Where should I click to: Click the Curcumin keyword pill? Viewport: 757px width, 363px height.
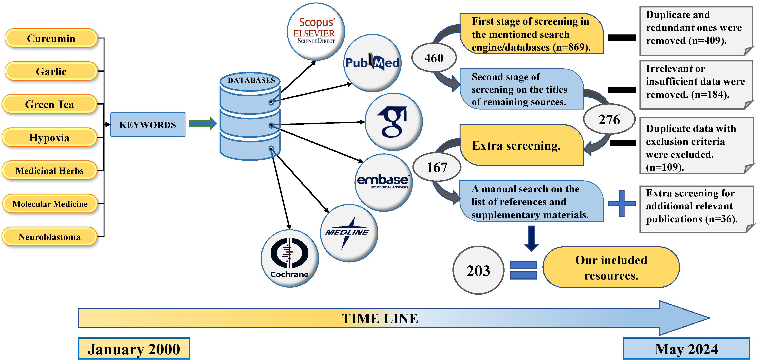pyautogui.click(x=51, y=38)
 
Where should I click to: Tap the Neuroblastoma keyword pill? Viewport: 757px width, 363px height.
pyautogui.click(x=49, y=237)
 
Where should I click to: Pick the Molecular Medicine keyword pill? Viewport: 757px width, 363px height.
pyautogui.click(x=50, y=204)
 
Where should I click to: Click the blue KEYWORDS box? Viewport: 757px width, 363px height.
pyautogui.click(x=148, y=125)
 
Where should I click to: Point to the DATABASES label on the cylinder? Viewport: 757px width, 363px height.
pyautogui.click(x=251, y=80)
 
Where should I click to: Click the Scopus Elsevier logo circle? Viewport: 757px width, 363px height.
pyautogui.click(x=316, y=31)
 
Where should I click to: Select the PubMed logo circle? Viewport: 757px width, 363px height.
pyautogui.click(x=372, y=63)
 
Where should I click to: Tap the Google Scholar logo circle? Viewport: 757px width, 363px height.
pyautogui.click(x=394, y=122)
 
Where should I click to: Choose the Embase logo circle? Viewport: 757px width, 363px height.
pyautogui.click(x=384, y=182)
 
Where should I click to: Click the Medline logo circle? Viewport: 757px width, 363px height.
pyautogui.click(x=349, y=233)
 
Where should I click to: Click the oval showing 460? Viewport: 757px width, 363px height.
pyautogui.click(x=434, y=58)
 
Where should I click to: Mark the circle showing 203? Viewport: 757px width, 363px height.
pyautogui.click(x=478, y=270)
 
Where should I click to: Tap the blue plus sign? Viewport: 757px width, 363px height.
pyautogui.click(x=621, y=203)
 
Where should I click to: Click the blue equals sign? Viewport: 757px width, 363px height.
pyautogui.click(x=523, y=270)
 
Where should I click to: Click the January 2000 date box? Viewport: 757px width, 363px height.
pyautogui.click(x=134, y=349)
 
